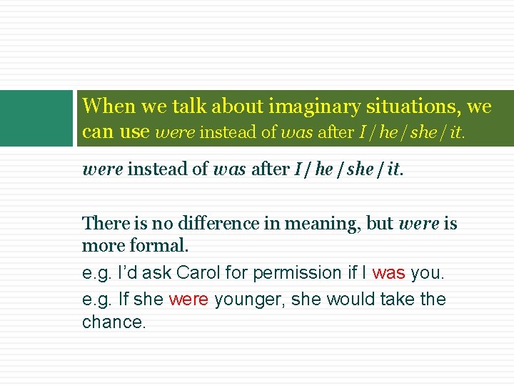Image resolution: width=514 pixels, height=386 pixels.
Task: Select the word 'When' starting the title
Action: click(109, 107)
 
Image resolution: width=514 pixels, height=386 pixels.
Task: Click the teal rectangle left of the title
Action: click(36, 118)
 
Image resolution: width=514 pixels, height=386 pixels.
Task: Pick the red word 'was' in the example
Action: click(388, 273)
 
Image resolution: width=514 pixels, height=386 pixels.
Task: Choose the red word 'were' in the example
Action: click(188, 300)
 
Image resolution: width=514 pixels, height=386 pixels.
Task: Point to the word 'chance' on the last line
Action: click(113, 322)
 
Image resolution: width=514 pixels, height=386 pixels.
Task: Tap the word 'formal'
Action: click(161, 247)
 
